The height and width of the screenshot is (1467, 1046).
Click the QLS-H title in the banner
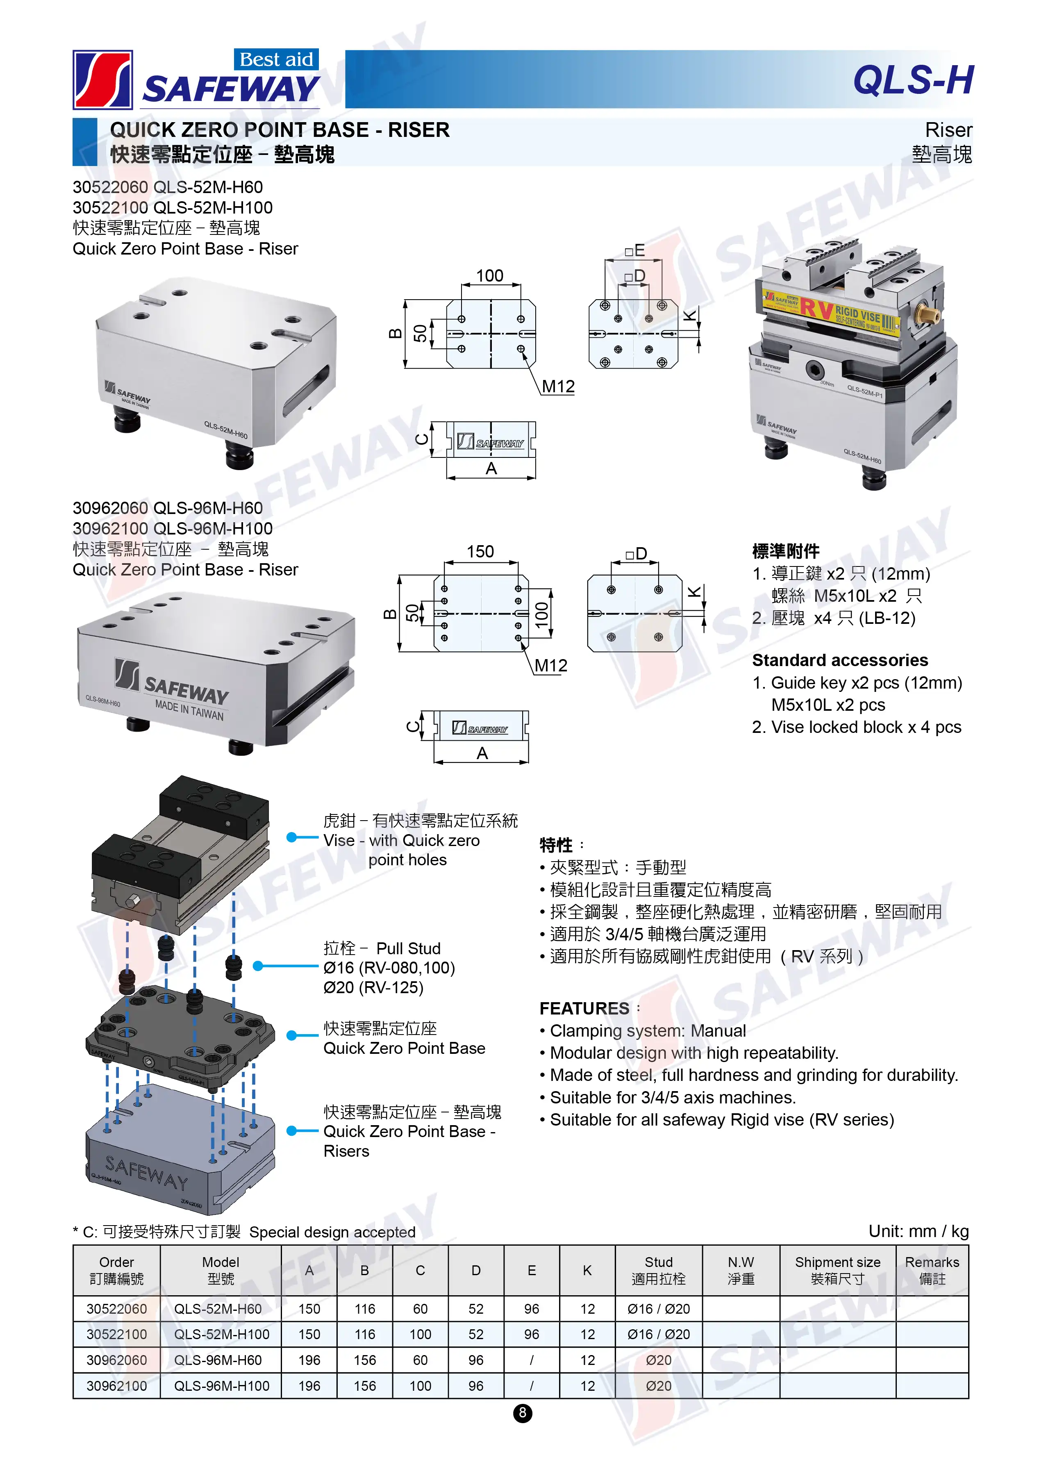pos(913,80)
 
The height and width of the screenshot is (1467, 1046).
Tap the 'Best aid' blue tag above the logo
pos(276,59)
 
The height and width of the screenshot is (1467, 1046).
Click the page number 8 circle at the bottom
pos(522,1413)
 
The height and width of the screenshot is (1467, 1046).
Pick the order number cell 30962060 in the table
pos(116,1360)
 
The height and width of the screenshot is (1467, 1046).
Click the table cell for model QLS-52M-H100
pos(222,1334)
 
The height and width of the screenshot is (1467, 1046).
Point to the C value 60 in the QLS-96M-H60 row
pos(420,1360)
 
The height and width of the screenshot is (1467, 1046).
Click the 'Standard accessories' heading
pos(840,660)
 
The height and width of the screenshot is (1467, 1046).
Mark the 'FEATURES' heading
pos(584,1008)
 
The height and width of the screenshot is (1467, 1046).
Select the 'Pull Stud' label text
pos(408,948)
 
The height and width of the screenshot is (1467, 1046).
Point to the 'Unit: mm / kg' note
pos(919,1231)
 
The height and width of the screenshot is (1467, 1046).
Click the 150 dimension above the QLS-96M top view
pos(480,551)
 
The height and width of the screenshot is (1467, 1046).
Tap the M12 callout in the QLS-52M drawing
pos(558,387)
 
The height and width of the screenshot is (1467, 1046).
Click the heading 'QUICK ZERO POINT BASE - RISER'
pos(280,130)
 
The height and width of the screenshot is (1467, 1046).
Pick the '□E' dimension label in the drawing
pos(634,250)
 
